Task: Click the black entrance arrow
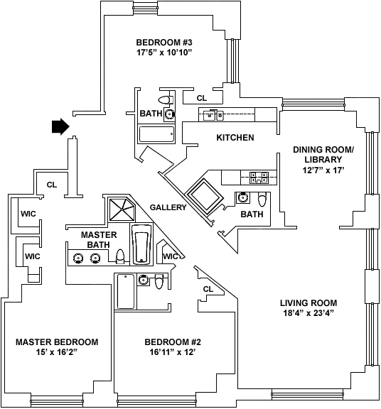point(60,126)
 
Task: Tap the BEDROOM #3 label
point(164,43)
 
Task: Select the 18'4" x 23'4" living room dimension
point(308,313)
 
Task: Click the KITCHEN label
point(235,138)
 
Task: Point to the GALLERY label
point(168,207)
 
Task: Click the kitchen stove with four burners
point(259,178)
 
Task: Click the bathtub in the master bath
point(141,244)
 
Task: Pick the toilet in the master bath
point(120,256)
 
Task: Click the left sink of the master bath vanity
point(78,258)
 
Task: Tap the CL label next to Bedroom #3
point(201,98)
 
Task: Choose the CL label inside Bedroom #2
point(208,289)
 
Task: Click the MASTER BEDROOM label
point(57,342)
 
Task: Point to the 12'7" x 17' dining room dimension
point(323,170)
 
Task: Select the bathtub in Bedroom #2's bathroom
point(126,291)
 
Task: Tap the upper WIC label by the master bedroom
point(28,214)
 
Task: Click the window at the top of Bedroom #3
point(145,8)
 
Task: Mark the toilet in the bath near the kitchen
point(262,200)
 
